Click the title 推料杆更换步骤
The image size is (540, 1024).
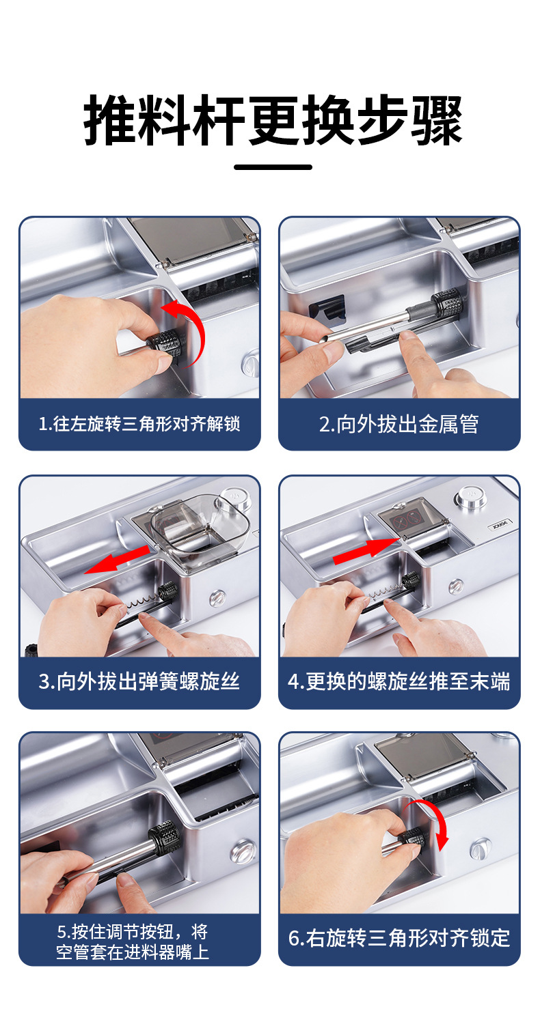click(x=273, y=119)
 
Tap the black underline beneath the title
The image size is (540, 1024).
click(x=273, y=167)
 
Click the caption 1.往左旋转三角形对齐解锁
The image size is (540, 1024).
click(x=139, y=424)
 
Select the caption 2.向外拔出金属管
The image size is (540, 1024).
click(x=399, y=424)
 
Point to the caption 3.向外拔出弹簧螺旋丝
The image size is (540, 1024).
click(x=139, y=681)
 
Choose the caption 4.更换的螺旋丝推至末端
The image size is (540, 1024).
click(x=399, y=681)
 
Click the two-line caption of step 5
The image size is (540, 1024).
click(x=133, y=941)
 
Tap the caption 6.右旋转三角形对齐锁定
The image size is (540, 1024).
click(x=399, y=938)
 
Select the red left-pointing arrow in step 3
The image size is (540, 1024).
click(x=117, y=559)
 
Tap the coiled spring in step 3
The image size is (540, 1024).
click(x=143, y=603)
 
